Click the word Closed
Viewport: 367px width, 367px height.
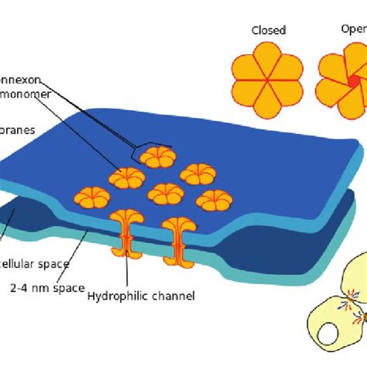coord(269,30)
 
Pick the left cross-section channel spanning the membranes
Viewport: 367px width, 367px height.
coord(126,232)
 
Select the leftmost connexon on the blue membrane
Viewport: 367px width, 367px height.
coord(91,198)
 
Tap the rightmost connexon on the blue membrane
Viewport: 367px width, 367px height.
coord(214,201)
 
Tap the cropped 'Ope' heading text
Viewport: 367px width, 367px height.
coord(352,30)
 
